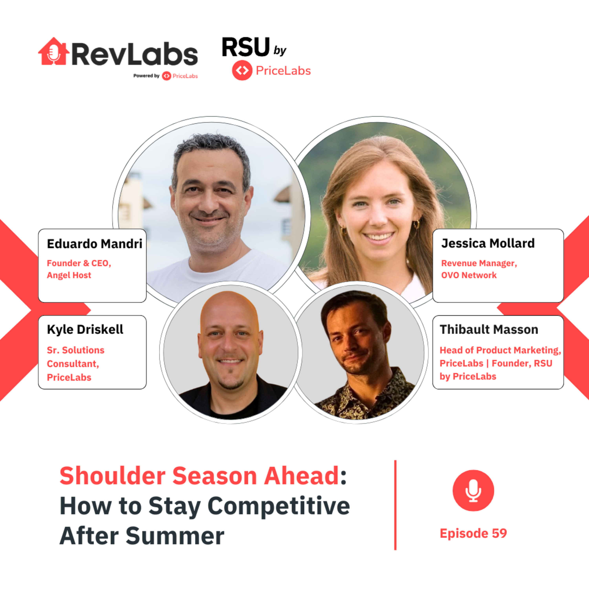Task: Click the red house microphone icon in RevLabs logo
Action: [x=54, y=52]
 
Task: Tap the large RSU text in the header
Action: [x=246, y=47]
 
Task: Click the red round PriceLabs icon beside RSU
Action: [x=242, y=70]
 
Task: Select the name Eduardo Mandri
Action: [x=94, y=244]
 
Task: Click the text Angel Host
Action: [x=69, y=275]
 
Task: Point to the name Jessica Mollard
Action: [x=488, y=243]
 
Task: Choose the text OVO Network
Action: [x=469, y=275]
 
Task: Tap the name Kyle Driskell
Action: [x=85, y=330]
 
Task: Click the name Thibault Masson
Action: [x=489, y=330]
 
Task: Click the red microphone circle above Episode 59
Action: [x=473, y=490]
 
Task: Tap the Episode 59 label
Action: [x=473, y=533]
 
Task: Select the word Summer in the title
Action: [x=175, y=536]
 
